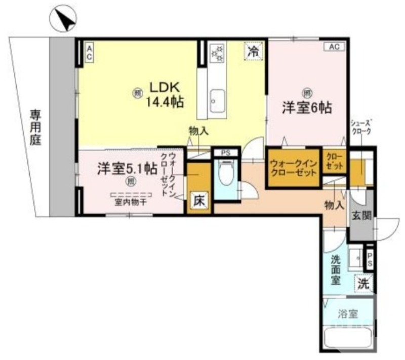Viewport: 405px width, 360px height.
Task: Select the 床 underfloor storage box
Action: point(198,201)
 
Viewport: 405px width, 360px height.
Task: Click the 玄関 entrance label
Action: point(361,215)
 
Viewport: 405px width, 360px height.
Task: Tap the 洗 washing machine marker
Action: point(363,284)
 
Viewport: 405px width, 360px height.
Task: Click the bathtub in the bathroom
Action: point(349,338)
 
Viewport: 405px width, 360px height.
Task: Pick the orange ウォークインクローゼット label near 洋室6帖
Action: point(294,168)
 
